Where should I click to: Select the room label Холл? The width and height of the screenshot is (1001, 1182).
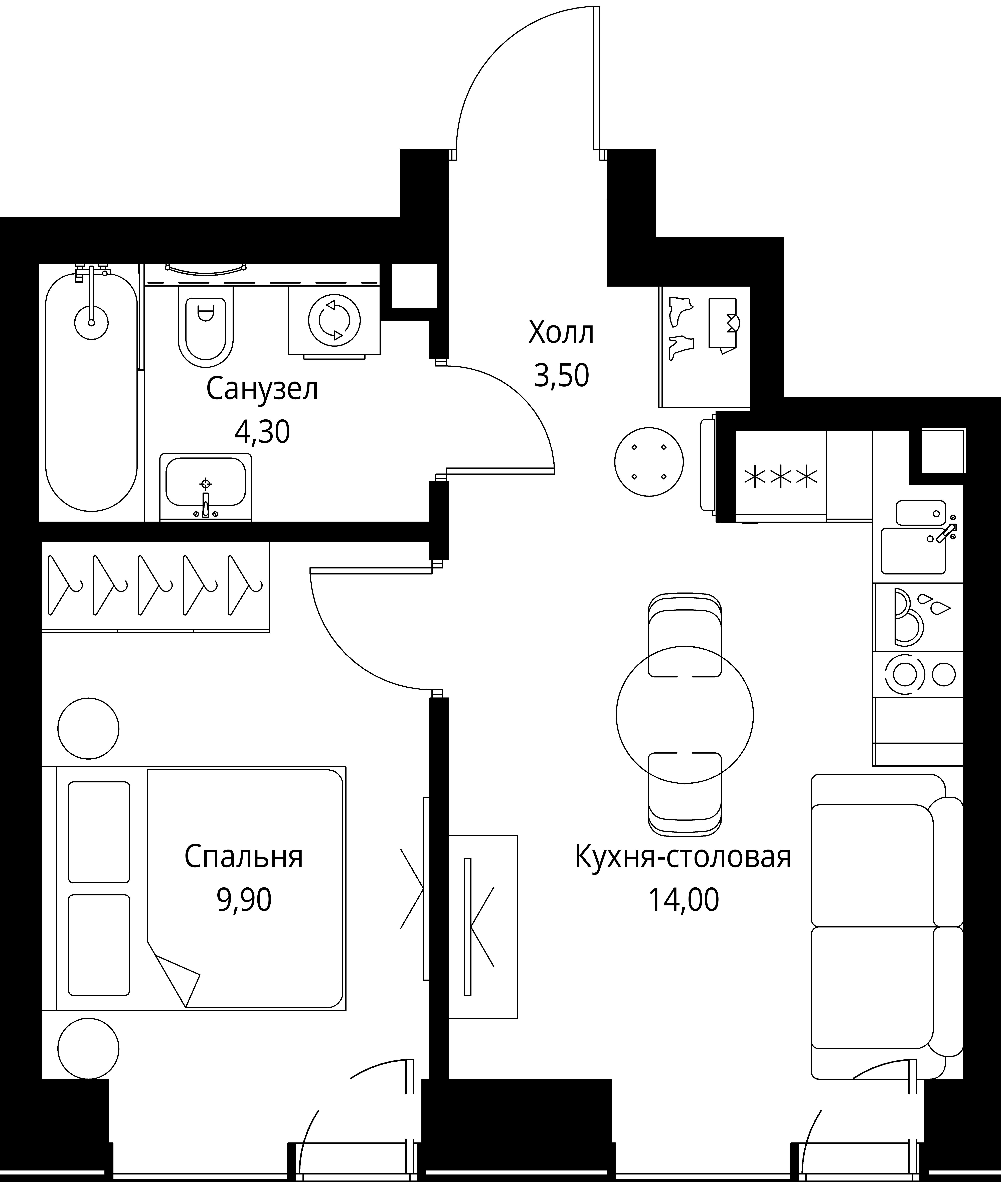click(561, 333)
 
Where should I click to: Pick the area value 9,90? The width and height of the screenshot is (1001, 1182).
click(244, 900)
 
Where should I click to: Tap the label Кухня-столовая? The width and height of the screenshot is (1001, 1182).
click(683, 857)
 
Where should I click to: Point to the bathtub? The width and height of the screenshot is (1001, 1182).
click(91, 392)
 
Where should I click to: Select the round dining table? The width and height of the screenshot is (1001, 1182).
click(684, 715)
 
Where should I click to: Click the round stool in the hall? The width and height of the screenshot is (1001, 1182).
click(649, 462)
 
